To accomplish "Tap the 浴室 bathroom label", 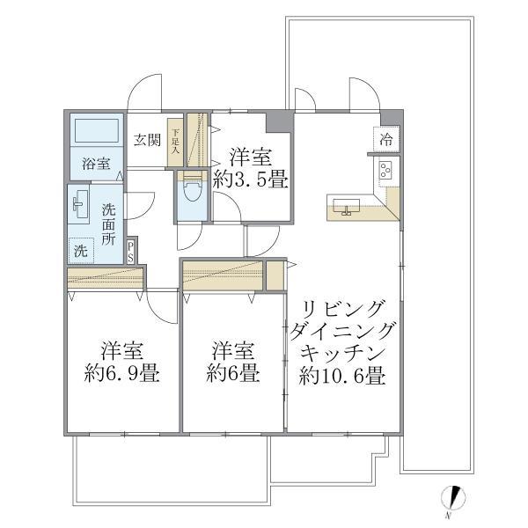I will click(95, 164).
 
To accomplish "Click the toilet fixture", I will click(189, 192).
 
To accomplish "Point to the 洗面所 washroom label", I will click(108, 224).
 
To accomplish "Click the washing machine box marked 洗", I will click(81, 250).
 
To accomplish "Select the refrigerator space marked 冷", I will click(387, 138).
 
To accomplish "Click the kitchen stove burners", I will click(386, 169).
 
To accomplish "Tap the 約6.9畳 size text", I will click(122, 374).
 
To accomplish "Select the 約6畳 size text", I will click(234, 374).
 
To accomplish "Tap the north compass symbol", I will click(451, 498).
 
